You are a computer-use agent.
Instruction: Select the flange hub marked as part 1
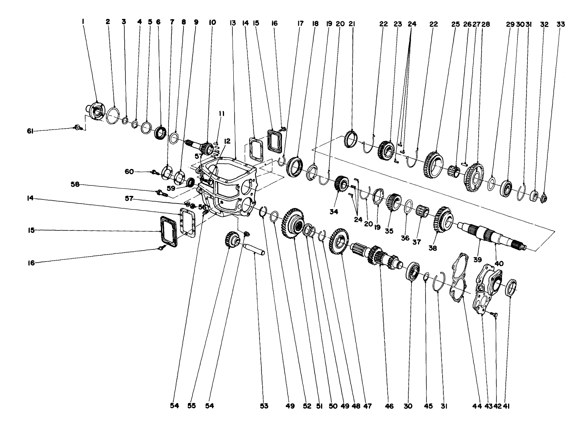pos(95,111)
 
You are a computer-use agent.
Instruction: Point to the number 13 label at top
pos(232,23)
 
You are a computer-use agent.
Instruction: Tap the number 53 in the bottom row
pos(264,406)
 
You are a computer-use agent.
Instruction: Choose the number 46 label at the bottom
pos(389,406)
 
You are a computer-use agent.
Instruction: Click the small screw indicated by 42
pos(494,313)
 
